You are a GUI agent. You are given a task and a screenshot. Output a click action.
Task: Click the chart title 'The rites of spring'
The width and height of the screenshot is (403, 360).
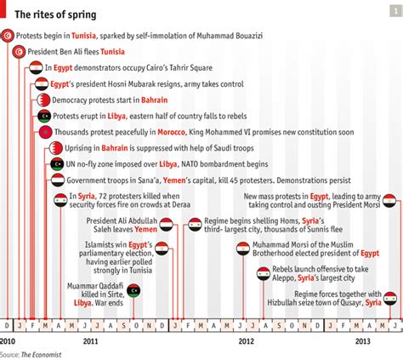tap(55, 14)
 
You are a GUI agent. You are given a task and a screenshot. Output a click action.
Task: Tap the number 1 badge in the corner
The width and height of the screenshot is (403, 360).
tap(396, 11)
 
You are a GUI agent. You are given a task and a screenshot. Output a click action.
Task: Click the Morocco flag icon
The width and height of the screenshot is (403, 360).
tap(46, 132)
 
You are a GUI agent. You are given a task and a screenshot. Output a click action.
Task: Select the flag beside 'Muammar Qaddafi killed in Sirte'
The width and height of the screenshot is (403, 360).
tap(133, 290)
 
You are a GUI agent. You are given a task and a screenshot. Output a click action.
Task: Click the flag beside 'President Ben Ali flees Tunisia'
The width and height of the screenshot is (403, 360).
tap(19, 52)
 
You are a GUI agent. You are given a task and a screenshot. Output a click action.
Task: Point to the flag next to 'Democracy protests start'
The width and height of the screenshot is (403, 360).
tap(43, 100)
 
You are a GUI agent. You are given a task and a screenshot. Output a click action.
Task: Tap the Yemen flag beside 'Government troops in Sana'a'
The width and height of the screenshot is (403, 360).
tap(58, 180)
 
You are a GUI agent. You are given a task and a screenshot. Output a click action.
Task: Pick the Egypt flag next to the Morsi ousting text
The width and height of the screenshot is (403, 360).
tap(389, 201)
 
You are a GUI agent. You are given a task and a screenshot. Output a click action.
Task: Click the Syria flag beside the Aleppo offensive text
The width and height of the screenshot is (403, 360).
tap(264, 274)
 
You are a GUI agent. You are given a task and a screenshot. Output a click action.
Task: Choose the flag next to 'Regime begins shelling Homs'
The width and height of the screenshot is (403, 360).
tap(195, 225)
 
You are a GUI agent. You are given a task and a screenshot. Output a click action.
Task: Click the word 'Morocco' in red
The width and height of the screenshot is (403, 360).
tap(172, 132)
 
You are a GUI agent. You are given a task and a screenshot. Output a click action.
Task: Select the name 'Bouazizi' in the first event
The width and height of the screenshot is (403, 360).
tap(249, 36)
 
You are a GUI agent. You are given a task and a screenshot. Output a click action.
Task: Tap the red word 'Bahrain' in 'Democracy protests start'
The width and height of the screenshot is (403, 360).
tap(155, 100)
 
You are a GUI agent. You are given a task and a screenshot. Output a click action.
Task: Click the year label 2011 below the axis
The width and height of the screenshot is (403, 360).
tap(90, 340)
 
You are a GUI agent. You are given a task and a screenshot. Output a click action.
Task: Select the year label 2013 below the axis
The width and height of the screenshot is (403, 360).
tap(363, 340)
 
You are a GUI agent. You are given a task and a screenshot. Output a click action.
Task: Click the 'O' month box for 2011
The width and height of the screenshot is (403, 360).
tap(136, 326)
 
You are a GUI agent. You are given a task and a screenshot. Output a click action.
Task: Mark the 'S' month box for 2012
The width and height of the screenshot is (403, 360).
tap(279, 326)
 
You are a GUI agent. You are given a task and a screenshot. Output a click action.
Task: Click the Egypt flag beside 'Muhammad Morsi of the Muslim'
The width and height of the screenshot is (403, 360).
tap(243, 249)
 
